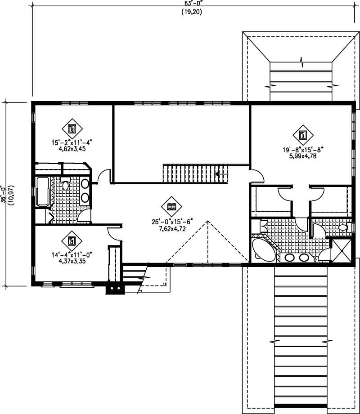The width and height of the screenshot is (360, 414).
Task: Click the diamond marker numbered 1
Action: tap(303, 134)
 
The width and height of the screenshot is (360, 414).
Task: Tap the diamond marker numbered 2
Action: tap(72, 129)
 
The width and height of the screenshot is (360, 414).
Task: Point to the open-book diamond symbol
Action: tap(171, 207)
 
